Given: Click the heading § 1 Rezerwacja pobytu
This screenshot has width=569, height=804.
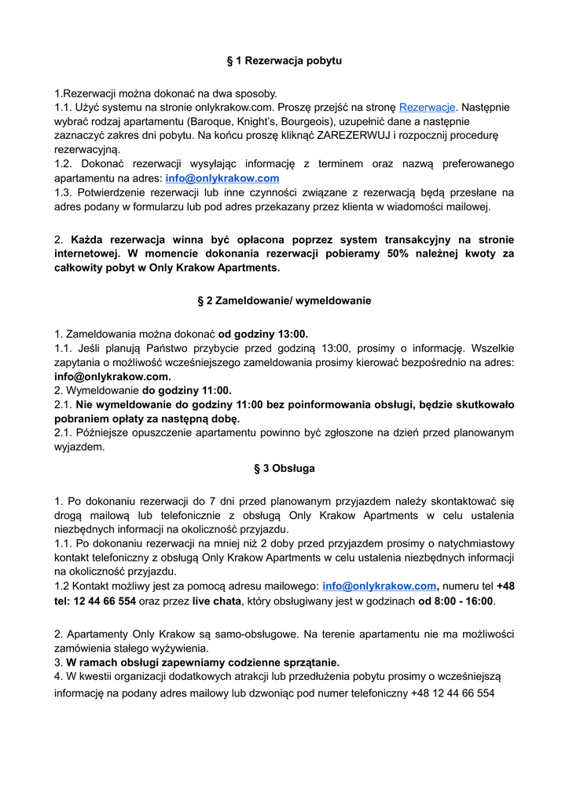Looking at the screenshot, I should pos(284,60).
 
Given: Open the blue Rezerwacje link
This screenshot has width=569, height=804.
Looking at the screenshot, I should pos(428,107).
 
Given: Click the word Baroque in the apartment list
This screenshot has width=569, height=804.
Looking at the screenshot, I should pos(210,121).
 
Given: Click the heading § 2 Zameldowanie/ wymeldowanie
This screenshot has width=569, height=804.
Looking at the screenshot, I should pos(284,301).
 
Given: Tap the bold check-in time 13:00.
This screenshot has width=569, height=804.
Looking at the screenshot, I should pos(292,334).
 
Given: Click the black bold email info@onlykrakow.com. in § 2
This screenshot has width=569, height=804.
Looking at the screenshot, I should pos(112,376).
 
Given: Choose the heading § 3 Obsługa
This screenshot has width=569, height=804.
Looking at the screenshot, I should pos(284,468).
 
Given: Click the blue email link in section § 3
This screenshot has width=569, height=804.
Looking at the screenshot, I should pos(379,587).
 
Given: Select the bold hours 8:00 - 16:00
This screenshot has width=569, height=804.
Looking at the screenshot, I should pos(456,601).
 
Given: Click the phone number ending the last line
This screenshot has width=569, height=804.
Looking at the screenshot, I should pos(452,693).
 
